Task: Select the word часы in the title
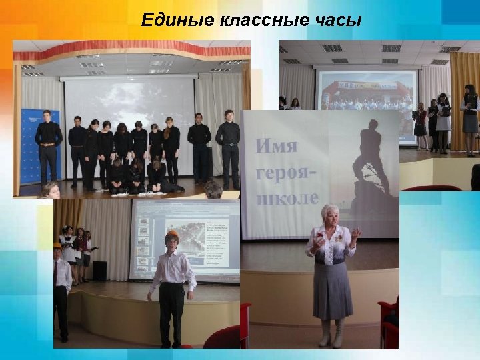[338, 21]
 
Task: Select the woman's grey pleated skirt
[332, 289]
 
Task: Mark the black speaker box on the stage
[99, 271]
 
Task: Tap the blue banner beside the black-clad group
[30, 147]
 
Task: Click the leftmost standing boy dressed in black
[47, 147]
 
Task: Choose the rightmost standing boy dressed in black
[229, 147]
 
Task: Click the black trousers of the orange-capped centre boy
[171, 313]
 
